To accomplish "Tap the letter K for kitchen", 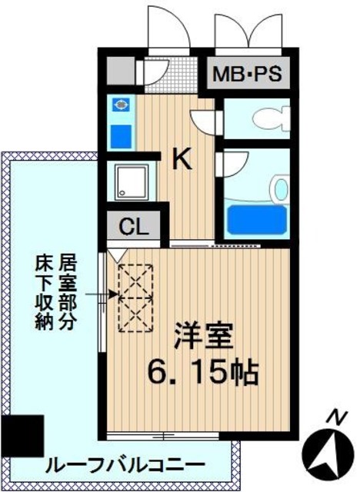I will pyautogui.click(x=182, y=159).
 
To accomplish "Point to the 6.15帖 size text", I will pyautogui.click(x=202, y=374).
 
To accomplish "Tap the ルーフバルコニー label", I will pyautogui.click(x=125, y=466).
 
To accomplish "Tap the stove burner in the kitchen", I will pyautogui.click(x=121, y=107).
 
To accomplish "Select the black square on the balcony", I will pyautogui.click(x=21, y=436).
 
